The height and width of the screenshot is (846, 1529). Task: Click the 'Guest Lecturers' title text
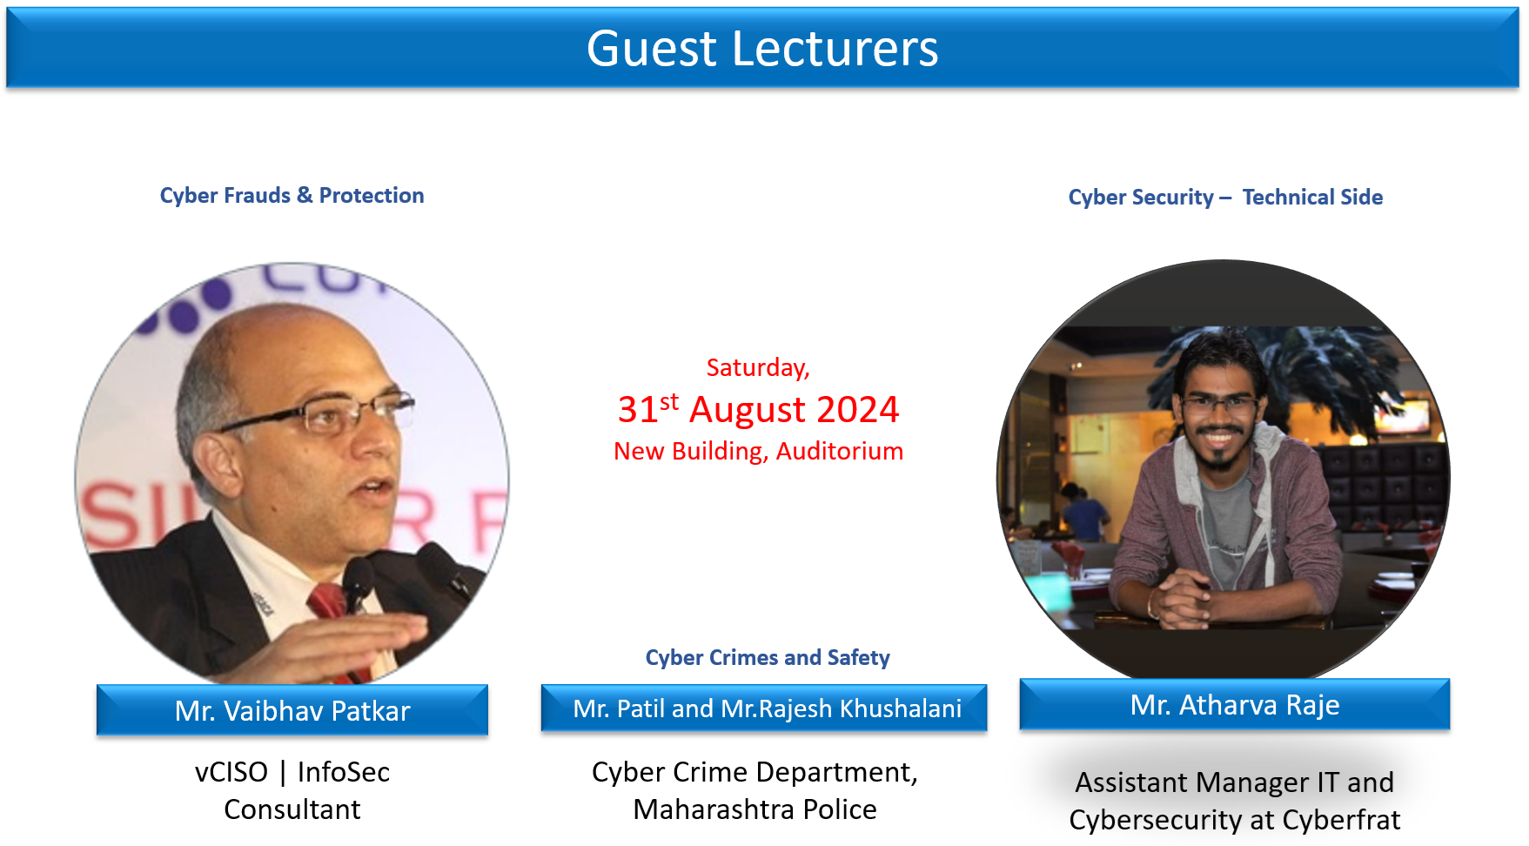762,49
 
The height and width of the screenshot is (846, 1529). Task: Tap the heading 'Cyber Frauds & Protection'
292,195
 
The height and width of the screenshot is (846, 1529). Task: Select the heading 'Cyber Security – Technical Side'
1225,198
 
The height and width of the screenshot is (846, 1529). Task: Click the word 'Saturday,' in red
758,368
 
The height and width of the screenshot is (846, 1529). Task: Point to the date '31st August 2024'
758,408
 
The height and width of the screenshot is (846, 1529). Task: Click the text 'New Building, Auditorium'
758,451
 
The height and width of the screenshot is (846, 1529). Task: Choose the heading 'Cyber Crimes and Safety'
768,657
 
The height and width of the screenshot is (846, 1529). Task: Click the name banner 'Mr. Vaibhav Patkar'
292,710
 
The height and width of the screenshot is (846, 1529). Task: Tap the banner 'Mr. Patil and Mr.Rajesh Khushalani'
764,708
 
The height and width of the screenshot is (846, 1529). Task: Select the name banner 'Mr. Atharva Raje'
1235,704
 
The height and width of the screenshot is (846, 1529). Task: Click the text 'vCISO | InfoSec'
292,772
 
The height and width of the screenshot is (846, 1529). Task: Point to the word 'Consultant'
292,809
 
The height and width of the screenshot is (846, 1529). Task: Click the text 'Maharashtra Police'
754,809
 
